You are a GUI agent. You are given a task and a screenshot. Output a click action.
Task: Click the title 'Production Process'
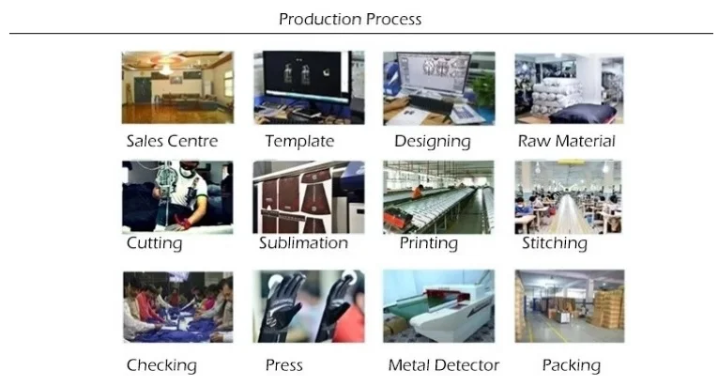[x=350, y=19]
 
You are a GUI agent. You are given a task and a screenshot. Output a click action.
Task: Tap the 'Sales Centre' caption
[x=172, y=142]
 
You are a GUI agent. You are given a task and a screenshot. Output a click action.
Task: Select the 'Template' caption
[x=299, y=142]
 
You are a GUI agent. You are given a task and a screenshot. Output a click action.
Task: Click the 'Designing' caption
[x=432, y=142]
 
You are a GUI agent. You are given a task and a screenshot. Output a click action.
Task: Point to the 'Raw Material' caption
[x=567, y=142]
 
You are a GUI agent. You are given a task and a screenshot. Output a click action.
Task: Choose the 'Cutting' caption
[x=154, y=243]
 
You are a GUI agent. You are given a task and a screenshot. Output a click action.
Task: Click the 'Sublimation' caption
[x=303, y=243]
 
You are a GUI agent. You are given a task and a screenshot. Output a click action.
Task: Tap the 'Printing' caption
[x=428, y=243]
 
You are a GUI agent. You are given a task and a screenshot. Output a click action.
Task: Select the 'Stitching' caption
[x=555, y=243]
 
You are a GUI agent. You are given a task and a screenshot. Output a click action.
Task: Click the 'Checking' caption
[x=161, y=365]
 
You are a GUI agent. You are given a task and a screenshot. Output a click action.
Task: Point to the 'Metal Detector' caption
[x=443, y=365]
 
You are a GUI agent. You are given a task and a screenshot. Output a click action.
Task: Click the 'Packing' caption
[x=571, y=365]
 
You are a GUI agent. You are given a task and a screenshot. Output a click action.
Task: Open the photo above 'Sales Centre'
[x=177, y=87]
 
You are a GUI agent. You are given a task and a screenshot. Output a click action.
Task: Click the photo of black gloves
[x=309, y=307]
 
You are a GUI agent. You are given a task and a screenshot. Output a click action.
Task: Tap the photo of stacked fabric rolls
[x=569, y=88]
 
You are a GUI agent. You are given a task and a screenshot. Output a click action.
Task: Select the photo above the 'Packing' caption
[x=569, y=307]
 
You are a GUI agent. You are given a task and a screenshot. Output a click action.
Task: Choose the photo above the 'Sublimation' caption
[x=309, y=196]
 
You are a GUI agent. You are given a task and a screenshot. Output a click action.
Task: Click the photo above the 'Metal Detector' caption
[x=438, y=307]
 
